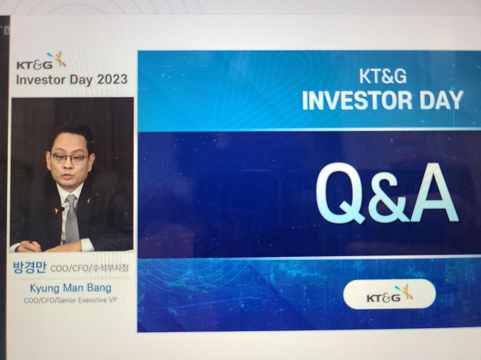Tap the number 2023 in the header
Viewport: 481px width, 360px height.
(x=112, y=79)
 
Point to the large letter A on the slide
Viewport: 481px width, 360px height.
(x=434, y=193)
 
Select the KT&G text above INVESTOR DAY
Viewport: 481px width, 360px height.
(x=382, y=77)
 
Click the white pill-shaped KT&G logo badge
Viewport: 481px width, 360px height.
(x=389, y=294)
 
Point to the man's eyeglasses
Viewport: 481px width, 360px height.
(x=70, y=158)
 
